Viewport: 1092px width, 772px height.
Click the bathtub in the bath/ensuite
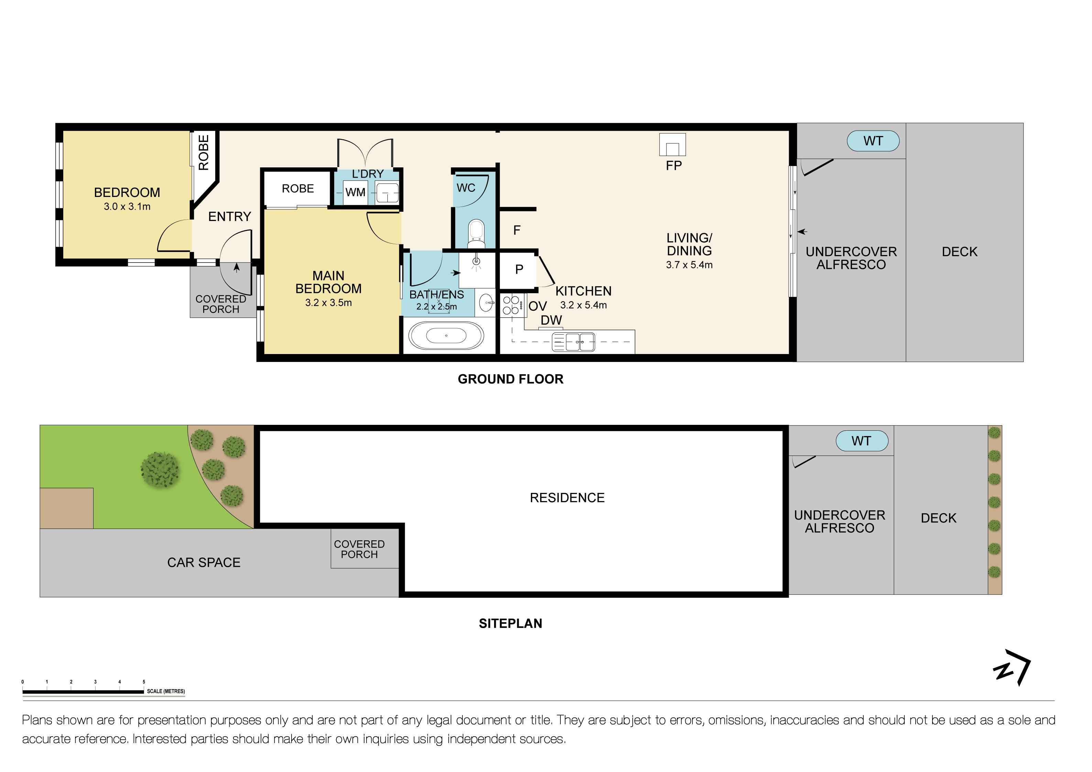click(x=446, y=335)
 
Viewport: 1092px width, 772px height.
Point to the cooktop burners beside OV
click(x=511, y=305)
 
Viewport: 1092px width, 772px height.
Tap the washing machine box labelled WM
click(x=355, y=192)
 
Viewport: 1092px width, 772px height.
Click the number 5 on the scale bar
click(x=144, y=682)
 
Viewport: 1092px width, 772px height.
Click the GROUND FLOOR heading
click(x=510, y=379)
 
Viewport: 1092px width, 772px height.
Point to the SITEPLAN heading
click(x=510, y=623)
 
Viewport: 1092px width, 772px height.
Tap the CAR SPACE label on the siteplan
click(x=204, y=562)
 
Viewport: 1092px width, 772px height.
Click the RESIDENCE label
click(x=567, y=498)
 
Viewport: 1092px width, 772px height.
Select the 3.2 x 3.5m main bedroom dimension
click(x=328, y=303)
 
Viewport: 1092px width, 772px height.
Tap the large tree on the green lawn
click(x=160, y=470)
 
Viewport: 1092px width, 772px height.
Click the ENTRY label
click(x=229, y=217)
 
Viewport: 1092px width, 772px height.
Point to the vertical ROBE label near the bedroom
click(x=204, y=152)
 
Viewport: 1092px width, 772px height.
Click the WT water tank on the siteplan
click(x=861, y=441)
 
